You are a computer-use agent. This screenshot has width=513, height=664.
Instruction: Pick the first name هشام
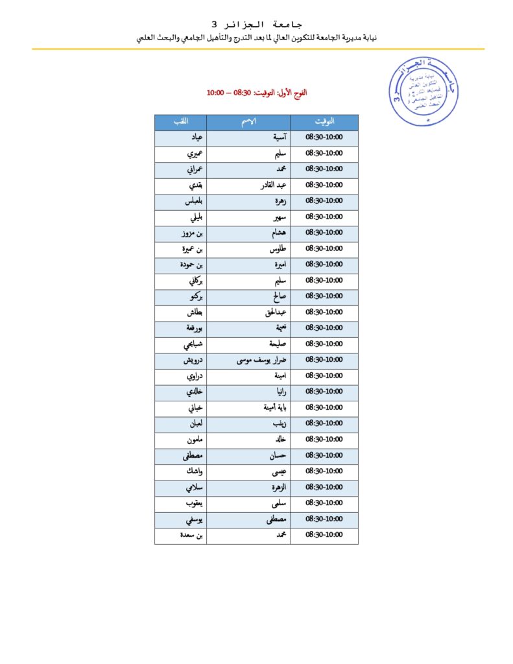276,233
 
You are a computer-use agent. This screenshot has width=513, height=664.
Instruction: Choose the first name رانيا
278,392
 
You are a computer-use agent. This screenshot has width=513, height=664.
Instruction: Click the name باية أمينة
269,408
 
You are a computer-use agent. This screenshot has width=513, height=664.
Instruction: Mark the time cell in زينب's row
324,423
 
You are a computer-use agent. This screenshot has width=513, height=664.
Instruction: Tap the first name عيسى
278,471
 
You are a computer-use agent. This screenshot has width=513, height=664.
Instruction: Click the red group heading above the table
257,93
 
